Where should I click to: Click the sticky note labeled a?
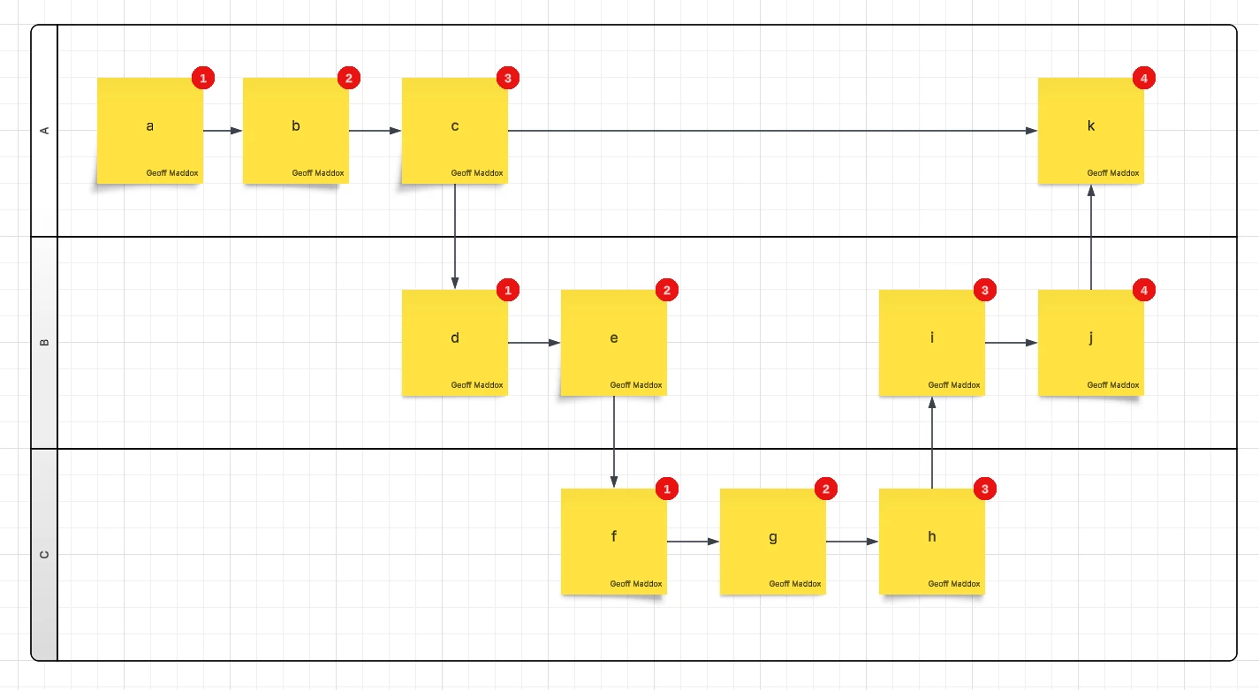(150, 131)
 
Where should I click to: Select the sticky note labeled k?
(1091, 131)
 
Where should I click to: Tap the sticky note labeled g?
(773, 542)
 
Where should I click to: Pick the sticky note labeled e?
(614, 343)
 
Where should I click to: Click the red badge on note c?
(508, 78)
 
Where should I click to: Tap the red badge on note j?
(1144, 291)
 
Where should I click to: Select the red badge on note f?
(667, 489)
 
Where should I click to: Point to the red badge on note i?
(985, 291)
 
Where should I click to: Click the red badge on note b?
(349, 78)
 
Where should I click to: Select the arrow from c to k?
(773, 131)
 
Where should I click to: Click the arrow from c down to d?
(455, 237)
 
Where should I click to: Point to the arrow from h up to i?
(932, 443)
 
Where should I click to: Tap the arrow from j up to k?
(1091, 237)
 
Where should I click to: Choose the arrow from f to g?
(694, 542)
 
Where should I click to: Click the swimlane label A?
(44, 131)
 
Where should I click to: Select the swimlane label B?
(44, 343)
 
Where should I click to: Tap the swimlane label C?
(44, 555)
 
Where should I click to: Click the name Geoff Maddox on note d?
(476, 385)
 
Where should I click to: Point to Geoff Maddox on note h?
(954, 584)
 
